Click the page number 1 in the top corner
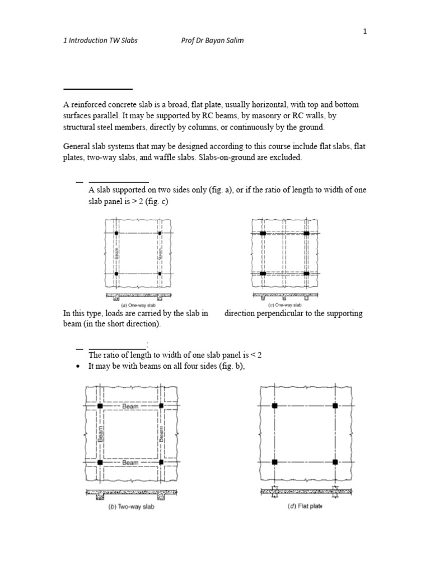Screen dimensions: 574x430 [x=365, y=31]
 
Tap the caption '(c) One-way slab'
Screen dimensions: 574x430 [x=286, y=304]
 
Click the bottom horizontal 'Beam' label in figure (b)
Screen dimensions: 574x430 [x=130, y=462]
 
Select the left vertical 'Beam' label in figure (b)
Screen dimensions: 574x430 [x=101, y=433]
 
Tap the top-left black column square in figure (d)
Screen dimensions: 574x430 [x=274, y=405]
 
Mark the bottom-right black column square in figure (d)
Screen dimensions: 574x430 [x=335, y=462]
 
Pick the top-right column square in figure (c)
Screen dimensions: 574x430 [x=306, y=233]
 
